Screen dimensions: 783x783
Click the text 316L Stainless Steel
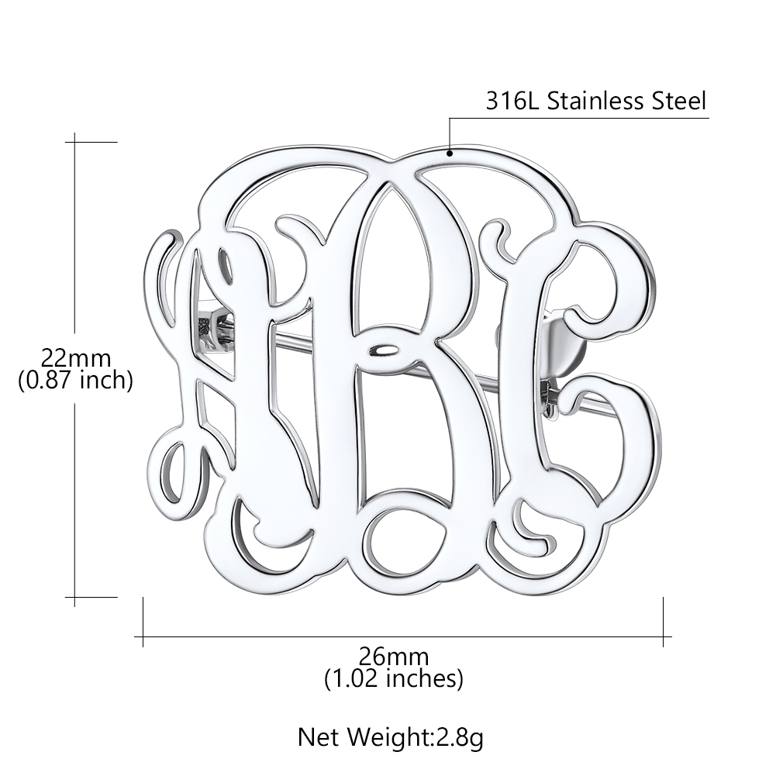(595, 102)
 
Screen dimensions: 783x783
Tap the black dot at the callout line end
(449, 153)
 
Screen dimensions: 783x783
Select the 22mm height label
(75, 358)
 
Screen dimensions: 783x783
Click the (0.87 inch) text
(75, 380)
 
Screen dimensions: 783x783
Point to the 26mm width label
(393, 657)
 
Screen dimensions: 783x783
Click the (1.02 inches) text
(393, 679)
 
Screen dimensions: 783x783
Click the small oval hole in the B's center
(382, 350)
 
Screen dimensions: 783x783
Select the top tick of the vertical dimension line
(75, 142)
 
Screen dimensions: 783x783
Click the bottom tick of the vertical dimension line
(75, 597)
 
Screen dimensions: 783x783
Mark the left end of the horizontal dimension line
(143, 637)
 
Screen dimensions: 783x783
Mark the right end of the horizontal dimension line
(664, 637)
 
